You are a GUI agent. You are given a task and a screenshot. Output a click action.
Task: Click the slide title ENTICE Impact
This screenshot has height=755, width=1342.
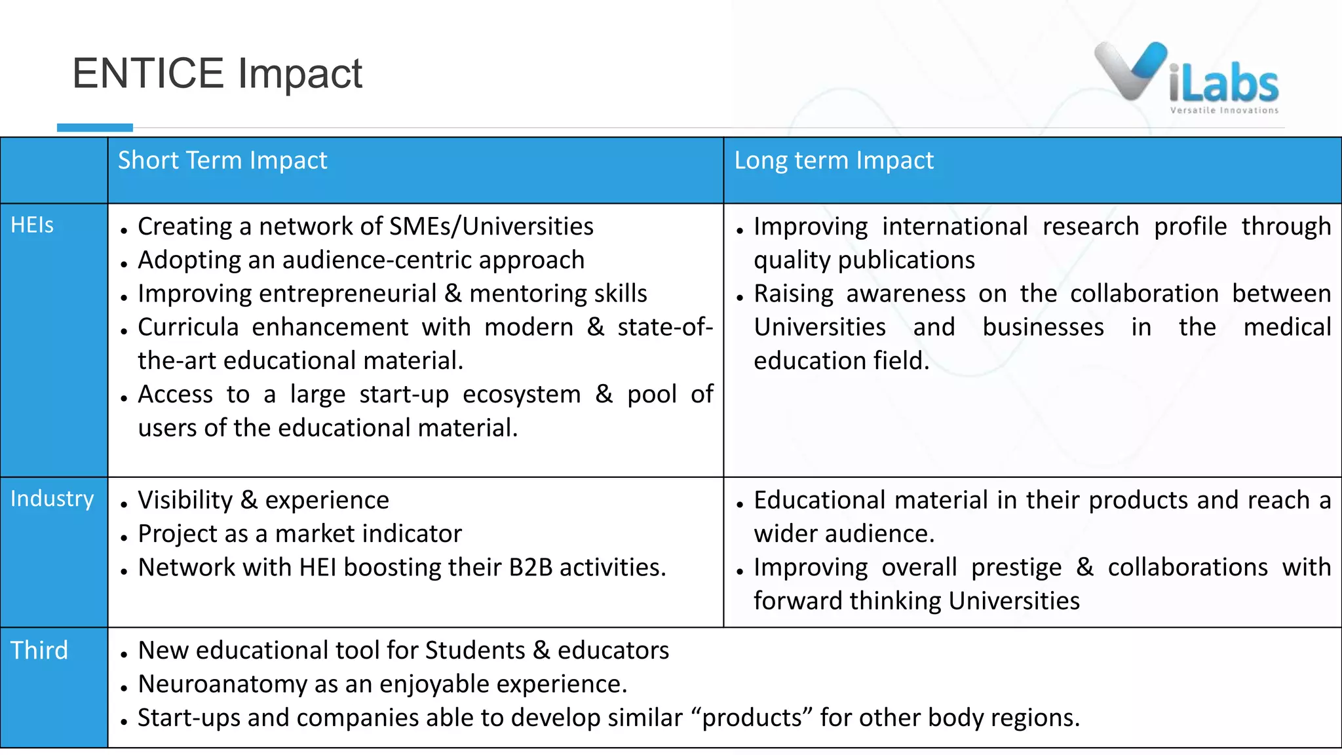pos(217,73)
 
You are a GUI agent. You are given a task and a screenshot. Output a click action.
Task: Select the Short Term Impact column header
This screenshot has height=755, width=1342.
pos(222,161)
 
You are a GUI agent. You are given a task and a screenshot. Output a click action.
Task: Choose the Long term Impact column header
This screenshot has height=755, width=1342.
pos(834,161)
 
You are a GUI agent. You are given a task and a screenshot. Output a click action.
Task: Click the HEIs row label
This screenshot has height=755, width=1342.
pos(32,225)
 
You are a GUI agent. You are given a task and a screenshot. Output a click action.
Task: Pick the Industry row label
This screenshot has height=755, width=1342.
pos(52,499)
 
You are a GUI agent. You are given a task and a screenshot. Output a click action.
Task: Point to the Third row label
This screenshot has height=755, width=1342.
pos(39,651)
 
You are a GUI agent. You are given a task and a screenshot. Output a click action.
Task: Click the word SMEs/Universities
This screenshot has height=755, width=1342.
pos(491,227)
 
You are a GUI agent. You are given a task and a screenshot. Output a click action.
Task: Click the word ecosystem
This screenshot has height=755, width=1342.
pos(522,395)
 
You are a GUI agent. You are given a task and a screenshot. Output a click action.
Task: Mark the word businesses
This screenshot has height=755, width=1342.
pos(1043,328)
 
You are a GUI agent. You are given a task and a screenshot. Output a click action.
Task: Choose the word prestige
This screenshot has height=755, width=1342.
pos(1016,568)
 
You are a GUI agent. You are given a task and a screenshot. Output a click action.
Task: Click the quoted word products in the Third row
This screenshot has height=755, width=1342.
pos(752,718)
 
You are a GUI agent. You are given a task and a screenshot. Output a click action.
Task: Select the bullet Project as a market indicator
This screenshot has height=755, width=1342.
pos(299,534)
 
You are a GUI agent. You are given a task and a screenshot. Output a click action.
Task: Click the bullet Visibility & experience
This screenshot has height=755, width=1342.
pos(263,501)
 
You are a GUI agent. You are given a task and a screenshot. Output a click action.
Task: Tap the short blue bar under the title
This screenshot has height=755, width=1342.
pos(95,128)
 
